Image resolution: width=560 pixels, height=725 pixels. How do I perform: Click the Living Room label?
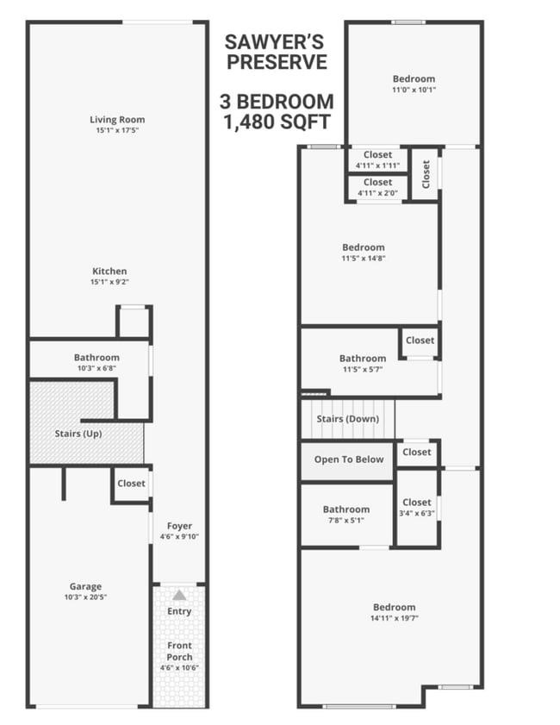[117, 120]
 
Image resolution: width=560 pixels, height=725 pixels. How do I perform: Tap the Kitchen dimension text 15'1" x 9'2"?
[109, 282]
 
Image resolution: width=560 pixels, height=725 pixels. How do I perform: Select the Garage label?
[85, 587]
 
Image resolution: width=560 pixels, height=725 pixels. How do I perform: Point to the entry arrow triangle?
[179, 595]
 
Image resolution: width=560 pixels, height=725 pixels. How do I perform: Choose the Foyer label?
[180, 526]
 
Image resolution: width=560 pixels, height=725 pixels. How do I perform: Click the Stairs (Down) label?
[348, 419]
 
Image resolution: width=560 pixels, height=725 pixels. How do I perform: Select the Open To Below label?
[348, 459]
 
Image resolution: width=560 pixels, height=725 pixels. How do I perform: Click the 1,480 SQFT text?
[276, 122]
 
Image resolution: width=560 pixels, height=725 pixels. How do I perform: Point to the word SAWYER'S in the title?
[276, 41]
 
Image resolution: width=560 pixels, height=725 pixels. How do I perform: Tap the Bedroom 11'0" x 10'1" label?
[414, 79]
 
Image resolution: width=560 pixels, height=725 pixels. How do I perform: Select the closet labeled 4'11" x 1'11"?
[377, 155]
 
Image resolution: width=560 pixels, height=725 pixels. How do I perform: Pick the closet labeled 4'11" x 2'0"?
[377, 182]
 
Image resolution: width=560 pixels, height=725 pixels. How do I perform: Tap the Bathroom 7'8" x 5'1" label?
[346, 509]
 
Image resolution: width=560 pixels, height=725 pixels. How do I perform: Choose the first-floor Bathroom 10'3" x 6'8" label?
[96, 357]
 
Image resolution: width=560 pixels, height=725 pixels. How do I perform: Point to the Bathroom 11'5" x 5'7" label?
[362, 358]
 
